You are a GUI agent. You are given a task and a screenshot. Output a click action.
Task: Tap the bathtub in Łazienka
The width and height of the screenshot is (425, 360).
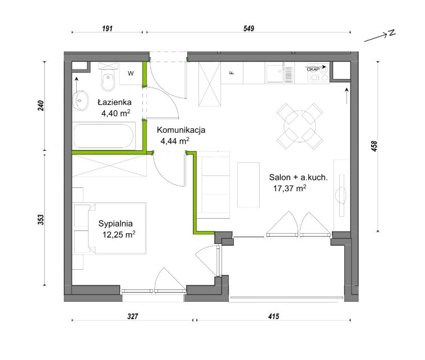[x=104, y=136]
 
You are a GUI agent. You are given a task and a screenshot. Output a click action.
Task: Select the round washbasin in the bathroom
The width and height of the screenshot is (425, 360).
[x=81, y=100]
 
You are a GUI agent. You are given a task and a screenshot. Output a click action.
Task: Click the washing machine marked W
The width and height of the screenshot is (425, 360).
[x=131, y=73]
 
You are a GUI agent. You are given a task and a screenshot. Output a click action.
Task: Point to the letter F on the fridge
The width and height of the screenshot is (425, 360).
[x=232, y=73]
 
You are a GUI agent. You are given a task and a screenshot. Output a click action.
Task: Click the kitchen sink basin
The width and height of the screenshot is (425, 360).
[x=275, y=73]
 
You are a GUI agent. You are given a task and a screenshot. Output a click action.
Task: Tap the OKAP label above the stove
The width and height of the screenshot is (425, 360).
[x=313, y=70]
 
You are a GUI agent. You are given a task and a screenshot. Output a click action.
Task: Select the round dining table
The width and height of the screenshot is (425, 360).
[x=299, y=126]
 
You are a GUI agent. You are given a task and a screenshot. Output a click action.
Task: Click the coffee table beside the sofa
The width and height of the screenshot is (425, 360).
[x=248, y=185]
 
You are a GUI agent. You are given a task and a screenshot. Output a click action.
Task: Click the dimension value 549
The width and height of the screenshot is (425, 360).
[x=249, y=29]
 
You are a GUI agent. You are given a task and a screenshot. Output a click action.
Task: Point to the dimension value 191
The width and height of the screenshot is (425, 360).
[x=107, y=29]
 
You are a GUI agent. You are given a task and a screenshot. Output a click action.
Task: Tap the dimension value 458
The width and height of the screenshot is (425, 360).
[x=374, y=146]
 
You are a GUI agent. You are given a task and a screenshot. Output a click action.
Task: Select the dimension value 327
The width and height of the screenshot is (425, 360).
[x=133, y=316]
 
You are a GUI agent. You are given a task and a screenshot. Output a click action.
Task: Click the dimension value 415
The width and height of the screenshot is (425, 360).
[x=274, y=316]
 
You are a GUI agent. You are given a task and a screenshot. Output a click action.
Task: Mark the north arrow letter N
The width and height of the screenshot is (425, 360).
[x=392, y=33]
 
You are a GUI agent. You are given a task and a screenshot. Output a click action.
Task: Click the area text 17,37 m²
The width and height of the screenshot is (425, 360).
[x=290, y=188]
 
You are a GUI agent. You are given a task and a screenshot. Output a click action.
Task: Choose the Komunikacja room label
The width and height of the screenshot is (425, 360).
[x=181, y=130]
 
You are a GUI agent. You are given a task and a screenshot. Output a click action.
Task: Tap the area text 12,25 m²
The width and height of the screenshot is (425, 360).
[x=119, y=234]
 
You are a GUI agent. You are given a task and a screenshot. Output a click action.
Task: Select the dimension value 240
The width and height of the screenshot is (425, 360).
[x=41, y=106]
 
